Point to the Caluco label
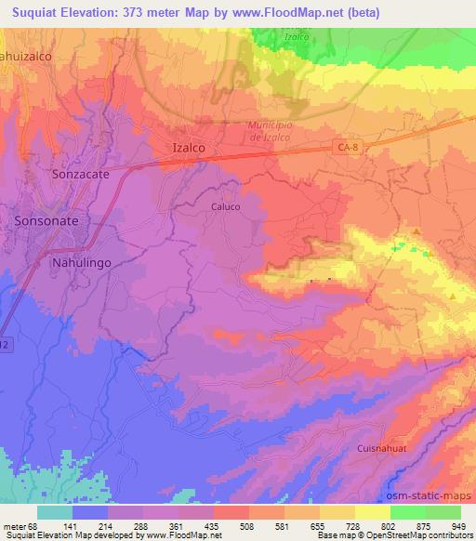click(x=226, y=208)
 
